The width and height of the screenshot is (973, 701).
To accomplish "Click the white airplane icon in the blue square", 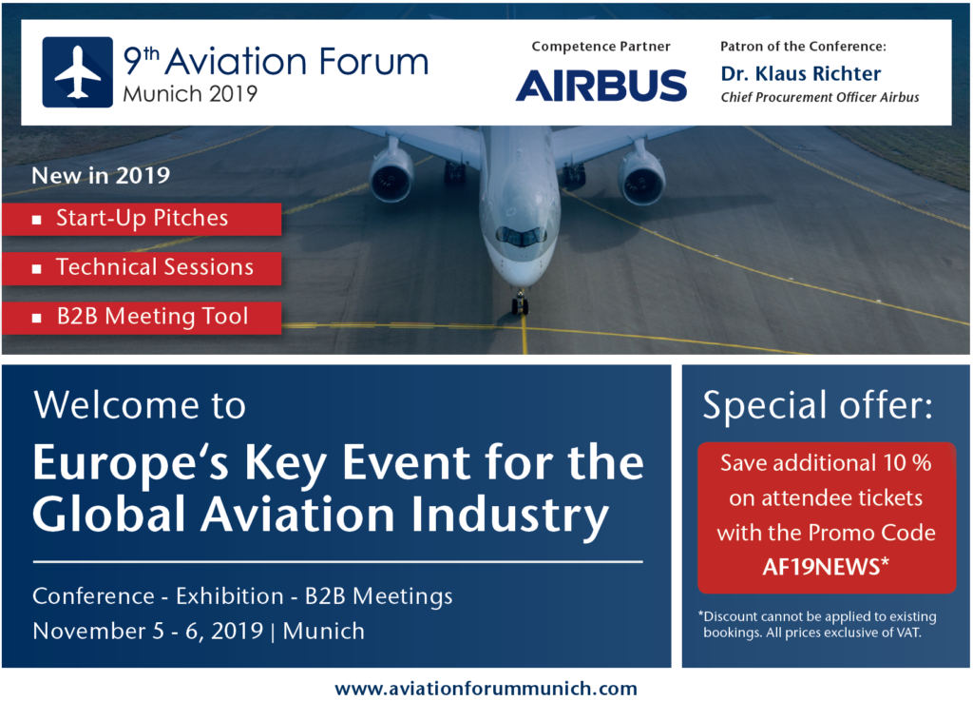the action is [x=78, y=72].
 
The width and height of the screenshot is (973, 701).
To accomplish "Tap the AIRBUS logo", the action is [x=601, y=85].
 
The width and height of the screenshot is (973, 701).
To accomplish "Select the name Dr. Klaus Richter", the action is [x=800, y=74].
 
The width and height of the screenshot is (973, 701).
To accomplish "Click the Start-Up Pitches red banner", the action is [x=142, y=219].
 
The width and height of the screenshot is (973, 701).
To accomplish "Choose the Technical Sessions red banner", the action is [x=142, y=268].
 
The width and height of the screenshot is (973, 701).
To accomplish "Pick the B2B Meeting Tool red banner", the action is [x=142, y=318].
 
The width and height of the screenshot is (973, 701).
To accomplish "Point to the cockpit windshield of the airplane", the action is [x=522, y=236].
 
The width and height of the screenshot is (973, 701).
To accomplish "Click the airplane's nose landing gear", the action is [x=520, y=302].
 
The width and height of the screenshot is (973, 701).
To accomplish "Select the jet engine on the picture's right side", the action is [x=641, y=178].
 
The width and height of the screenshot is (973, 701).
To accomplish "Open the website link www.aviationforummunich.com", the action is [x=486, y=689].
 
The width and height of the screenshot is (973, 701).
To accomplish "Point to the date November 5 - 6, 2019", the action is [x=147, y=631].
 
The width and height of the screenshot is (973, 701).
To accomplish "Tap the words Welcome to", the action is [x=140, y=405].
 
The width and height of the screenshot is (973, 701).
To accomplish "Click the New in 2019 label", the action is [x=101, y=176].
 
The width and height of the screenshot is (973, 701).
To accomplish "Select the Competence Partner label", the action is [x=601, y=47].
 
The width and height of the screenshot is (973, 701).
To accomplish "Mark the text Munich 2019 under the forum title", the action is [x=190, y=94].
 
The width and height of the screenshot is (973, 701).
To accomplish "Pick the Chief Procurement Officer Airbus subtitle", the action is [x=820, y=97].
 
